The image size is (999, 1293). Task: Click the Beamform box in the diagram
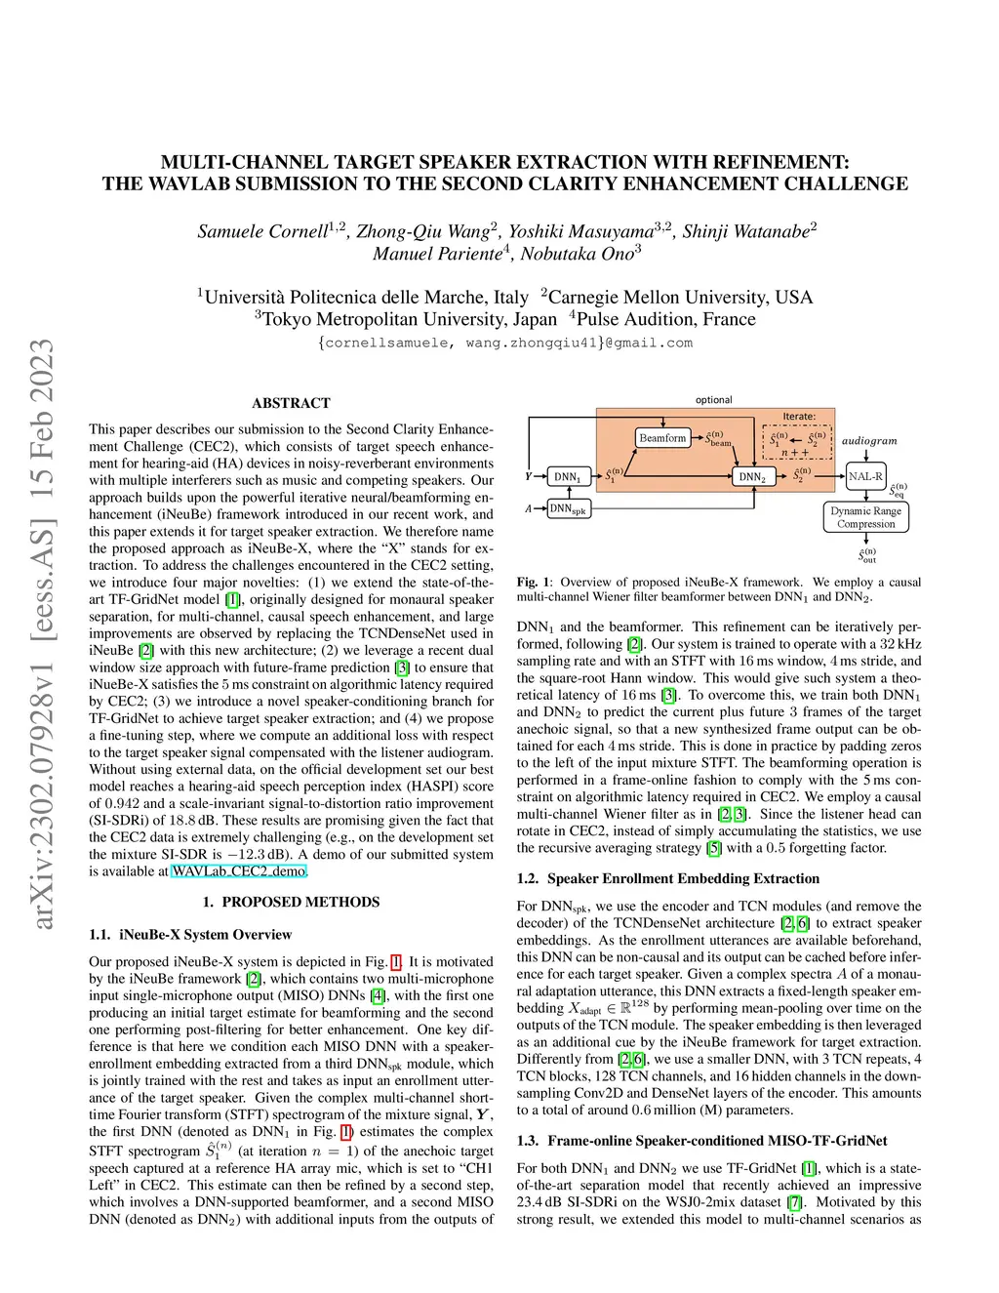tap(662, 438)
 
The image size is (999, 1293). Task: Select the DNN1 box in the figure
tap(568, 477)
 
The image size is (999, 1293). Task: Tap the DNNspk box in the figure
tap(568, 508)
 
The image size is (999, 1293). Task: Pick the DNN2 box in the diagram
tap(752, 477)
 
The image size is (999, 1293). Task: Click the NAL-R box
tap(865, 476)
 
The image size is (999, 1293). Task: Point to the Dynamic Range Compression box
tap(865, 517)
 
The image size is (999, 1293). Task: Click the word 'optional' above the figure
tap(714, 400)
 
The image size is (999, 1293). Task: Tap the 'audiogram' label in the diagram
tap(869, 441)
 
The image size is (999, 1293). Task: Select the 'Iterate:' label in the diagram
tap(799, 417)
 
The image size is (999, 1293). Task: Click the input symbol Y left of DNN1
tap(529, 476)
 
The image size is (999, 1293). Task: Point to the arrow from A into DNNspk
tap(539, 508)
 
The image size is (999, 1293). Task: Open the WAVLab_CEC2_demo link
tap(239, 871)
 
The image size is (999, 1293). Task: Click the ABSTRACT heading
tap(291, 403)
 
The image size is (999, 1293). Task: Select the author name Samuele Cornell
tap(262, 231)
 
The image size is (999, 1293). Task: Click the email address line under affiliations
tap(505, 343)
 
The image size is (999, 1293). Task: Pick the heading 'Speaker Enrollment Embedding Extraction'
tap(683, 879)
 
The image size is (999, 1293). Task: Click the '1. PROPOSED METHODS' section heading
tap(291, 903)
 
